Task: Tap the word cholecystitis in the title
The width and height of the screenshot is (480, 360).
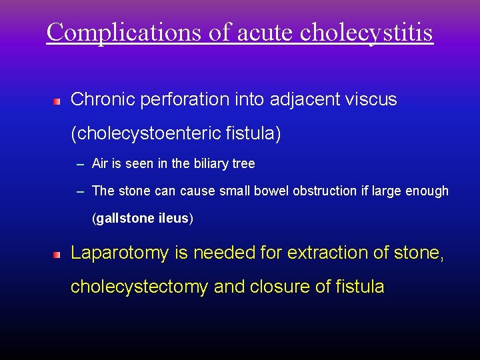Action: pyautogui.click(x=367, y=31)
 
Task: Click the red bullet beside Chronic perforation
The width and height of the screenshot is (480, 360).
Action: pyautogui.click(x=57, y=102)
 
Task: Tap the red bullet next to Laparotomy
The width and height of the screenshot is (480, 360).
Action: pyautogui.click(x=57, y=255)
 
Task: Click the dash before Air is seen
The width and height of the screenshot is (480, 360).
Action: pyautogui.click(x=80, y=164)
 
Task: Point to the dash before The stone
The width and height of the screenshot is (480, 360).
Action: pyautogui.click(x=80, y=191)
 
